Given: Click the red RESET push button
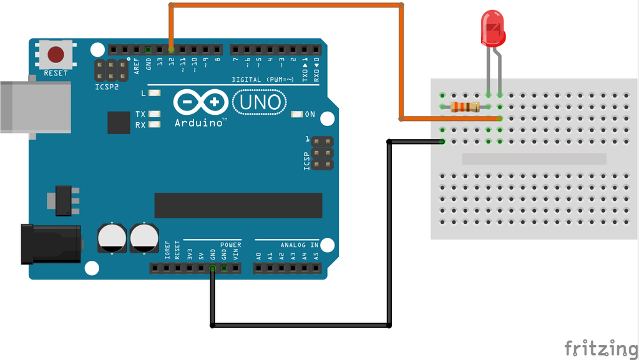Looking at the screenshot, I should pyautogui.click(x=56, y=55).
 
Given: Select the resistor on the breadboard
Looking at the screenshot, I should pyautogui.click(x=465, y=107).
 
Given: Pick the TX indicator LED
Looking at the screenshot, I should pyautogui.click(x=154, y=114).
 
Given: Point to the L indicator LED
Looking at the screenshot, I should pyautogui.click(x=154, y=94).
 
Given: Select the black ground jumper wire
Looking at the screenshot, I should pyautogui.click(x=300, y=325).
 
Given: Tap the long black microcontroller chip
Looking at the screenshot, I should pyautogui.click(x=238, y=205).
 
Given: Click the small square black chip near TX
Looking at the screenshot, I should pyautogui.click(x=119, y=123).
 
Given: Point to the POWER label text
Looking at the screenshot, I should pyautogui.click(x=230, y=245).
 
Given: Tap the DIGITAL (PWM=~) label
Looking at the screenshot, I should pyautogui.click(x=263, y=80).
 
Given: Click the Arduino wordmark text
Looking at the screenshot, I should pyautogui.click(x=200, y=123).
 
